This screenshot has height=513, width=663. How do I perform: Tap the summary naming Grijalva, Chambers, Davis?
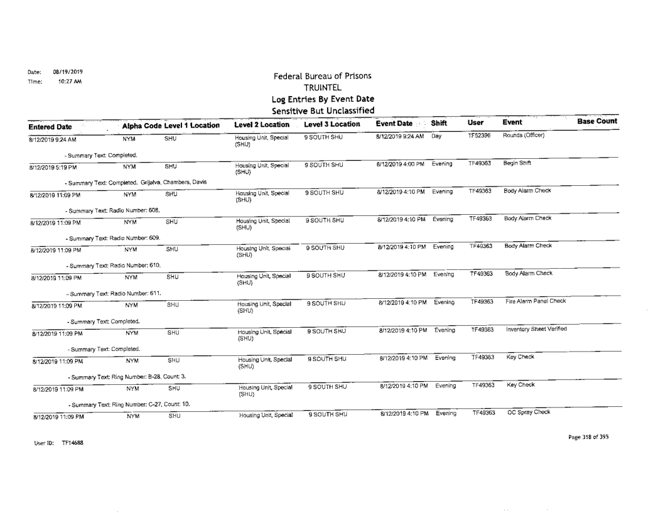135,183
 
